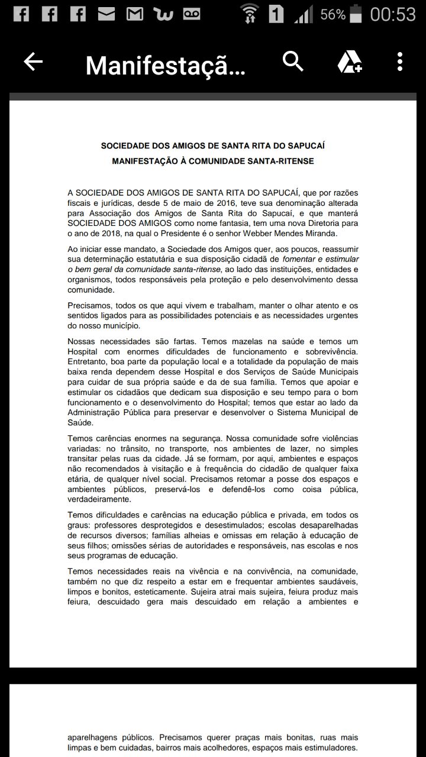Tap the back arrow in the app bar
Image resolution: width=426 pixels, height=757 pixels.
tap(33, 62)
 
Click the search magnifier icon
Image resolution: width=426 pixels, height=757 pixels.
tap(293, 61)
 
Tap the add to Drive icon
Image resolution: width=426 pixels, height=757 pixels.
tap(350, 62)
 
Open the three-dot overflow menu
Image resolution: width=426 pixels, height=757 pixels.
tap(400, 62)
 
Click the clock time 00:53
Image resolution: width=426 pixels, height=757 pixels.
tap(393, 14)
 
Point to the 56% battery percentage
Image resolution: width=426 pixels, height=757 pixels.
tap(333, 14)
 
